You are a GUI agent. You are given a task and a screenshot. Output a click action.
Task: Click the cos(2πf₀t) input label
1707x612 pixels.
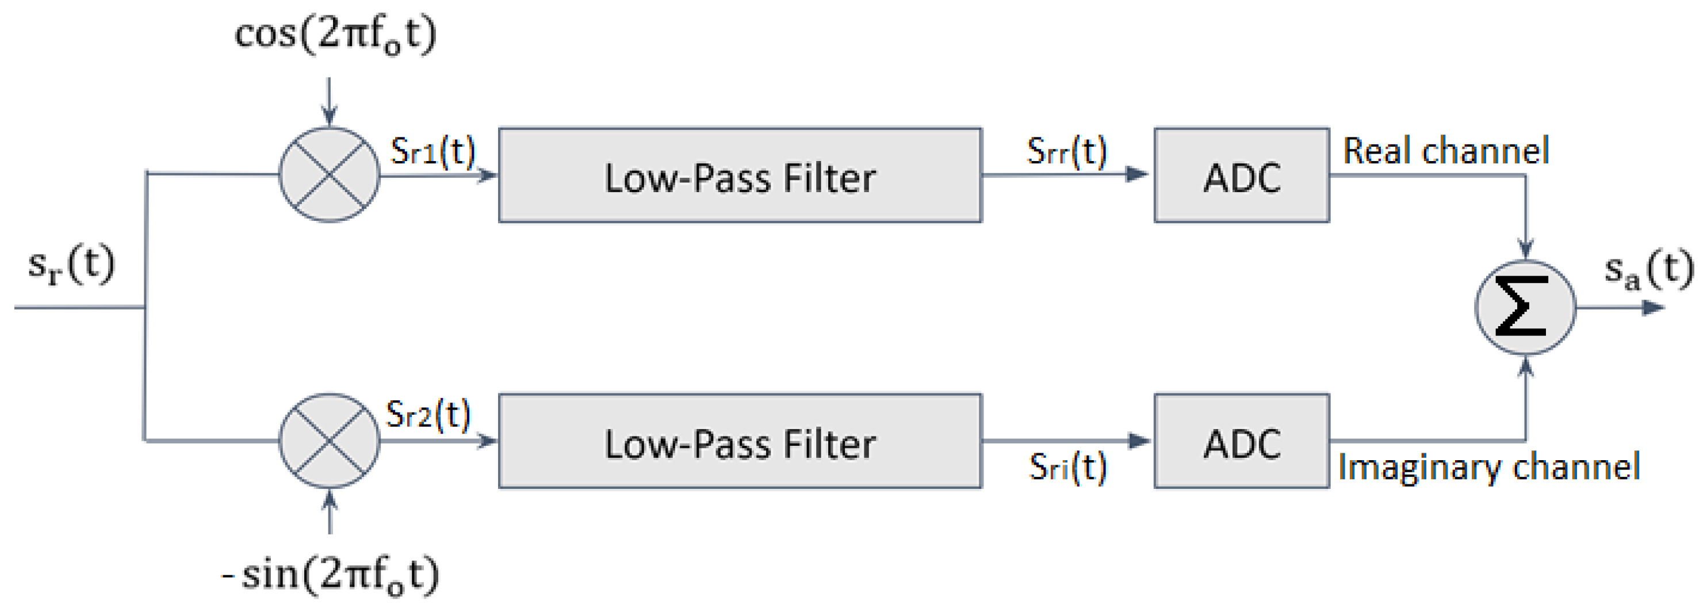(x=335, y=35)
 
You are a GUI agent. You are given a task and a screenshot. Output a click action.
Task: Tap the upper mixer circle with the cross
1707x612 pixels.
(x=330, y=174)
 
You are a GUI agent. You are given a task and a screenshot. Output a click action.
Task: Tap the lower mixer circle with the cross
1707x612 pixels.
(x=330, y=441)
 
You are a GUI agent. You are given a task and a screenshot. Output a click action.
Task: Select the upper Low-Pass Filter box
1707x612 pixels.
(x=740, y=175)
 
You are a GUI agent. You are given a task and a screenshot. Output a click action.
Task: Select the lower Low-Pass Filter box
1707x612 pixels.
(x=740, y=442)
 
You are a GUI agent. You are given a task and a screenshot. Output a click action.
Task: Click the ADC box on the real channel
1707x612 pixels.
(x=1241, y=175)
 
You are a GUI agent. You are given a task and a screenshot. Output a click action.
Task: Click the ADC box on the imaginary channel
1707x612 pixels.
(x=1241, y=442)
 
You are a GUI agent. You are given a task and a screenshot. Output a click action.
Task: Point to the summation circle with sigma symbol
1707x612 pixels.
(x=1525, y=308)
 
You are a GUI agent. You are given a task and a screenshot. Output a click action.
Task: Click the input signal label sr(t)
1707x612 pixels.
(x=71, y=265)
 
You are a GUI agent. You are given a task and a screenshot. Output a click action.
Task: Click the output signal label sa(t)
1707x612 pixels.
(x=1648, y=270)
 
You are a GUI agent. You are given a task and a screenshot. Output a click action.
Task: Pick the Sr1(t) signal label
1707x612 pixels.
(x=433, y=151)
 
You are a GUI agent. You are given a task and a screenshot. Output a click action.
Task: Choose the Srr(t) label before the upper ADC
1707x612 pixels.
(x=1067, y=151)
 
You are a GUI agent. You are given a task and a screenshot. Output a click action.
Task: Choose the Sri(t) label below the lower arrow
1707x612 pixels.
(x=1067, y=468)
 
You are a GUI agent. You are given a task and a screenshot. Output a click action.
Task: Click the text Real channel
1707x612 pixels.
(x=1446, y=151)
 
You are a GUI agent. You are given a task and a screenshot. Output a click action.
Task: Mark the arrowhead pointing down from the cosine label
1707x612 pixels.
(x=330, y=118)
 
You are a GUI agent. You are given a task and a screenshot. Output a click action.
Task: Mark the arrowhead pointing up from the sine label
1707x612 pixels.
(x=330, y=499)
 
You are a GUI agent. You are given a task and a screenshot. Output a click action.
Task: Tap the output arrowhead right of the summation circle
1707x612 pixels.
(x=1654, y=308)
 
